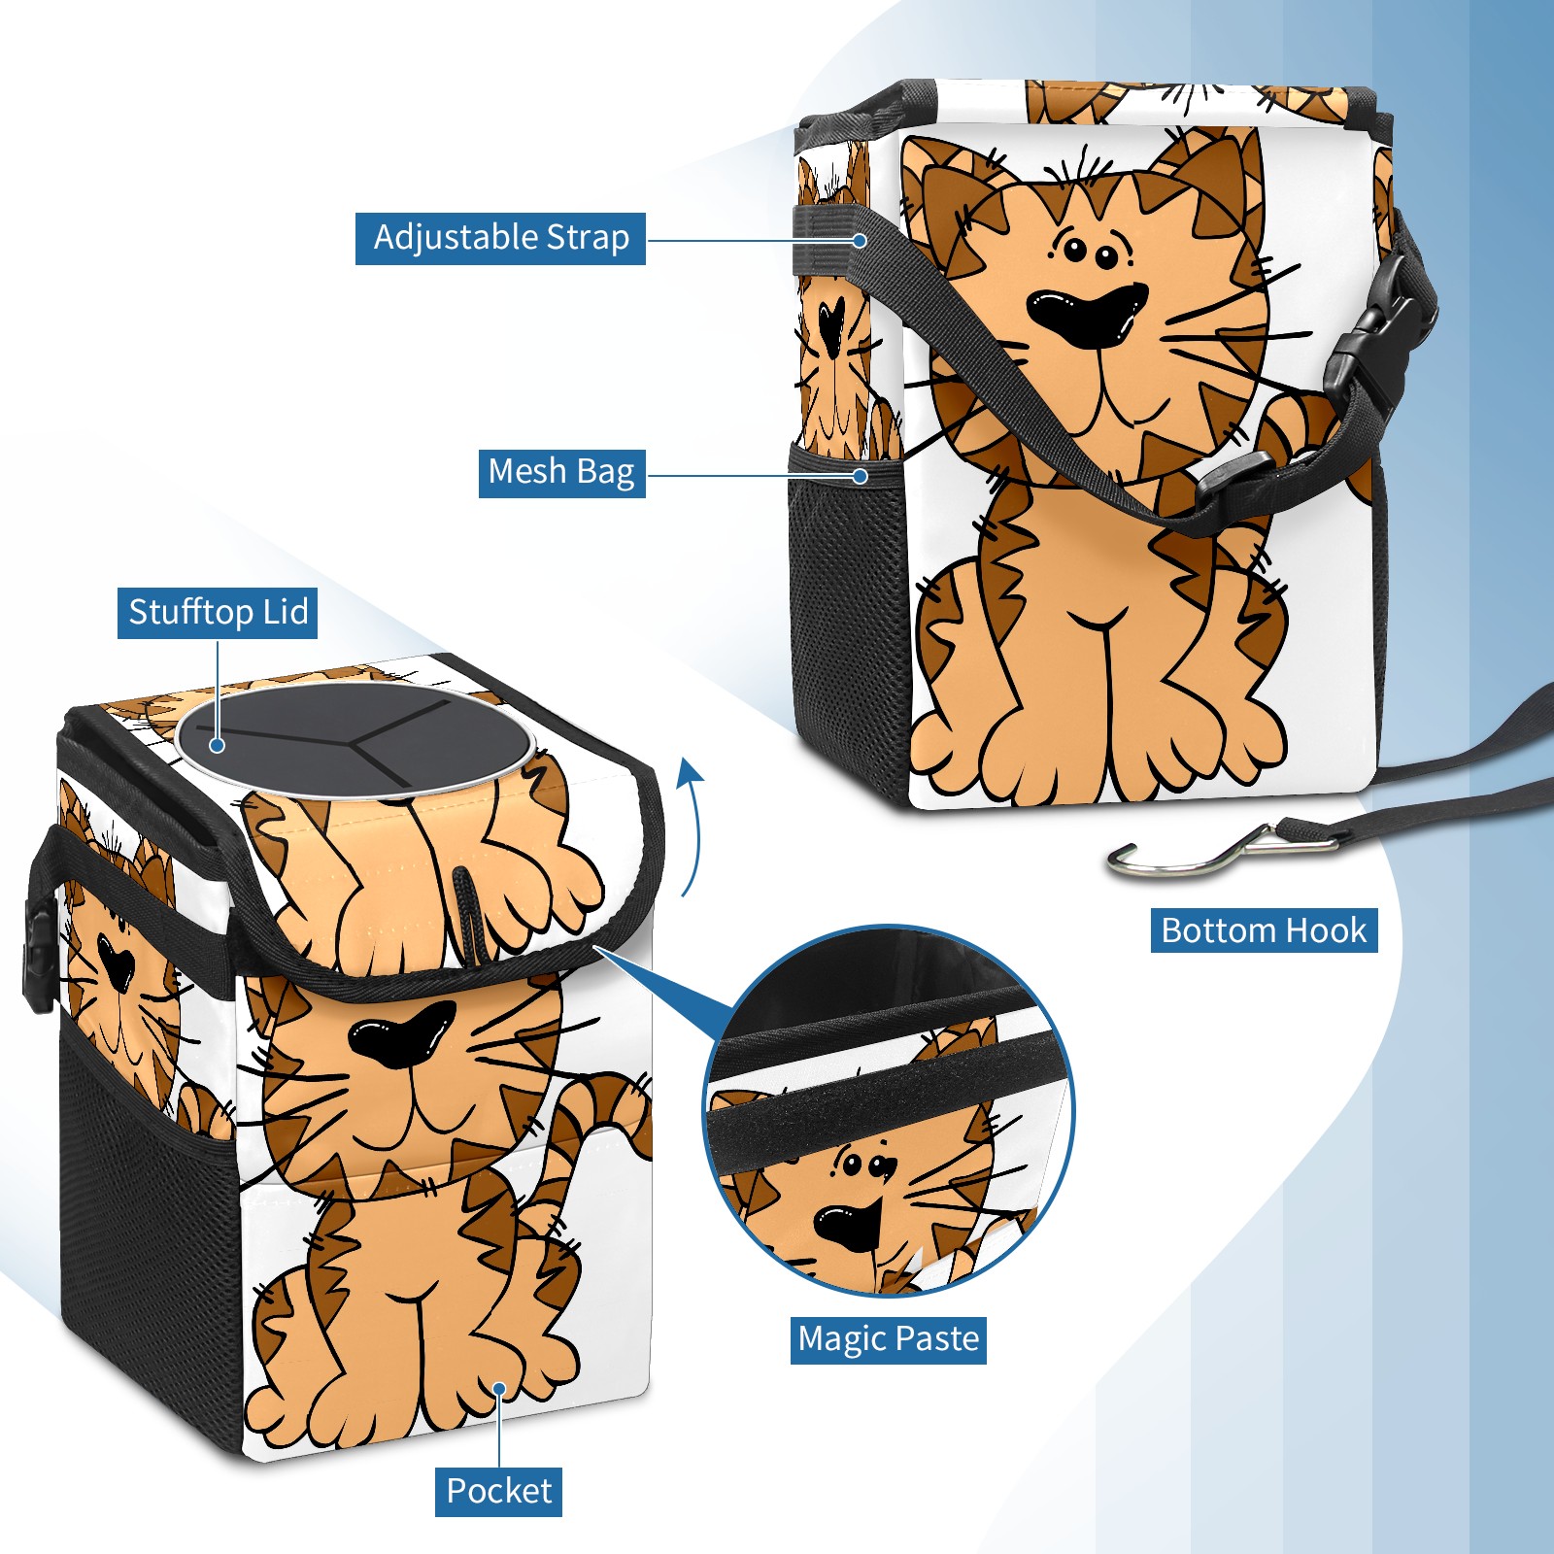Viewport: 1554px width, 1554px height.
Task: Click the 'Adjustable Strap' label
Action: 500,238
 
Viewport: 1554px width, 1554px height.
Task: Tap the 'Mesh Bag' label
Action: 561,472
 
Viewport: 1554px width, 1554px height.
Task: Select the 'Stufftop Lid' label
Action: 218,613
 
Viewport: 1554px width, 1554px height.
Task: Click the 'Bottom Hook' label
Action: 1264,930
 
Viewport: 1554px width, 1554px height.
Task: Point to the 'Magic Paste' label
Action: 889,1339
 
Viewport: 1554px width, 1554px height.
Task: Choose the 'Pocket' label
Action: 498,1491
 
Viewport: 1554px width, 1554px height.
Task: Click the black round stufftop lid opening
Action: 355,740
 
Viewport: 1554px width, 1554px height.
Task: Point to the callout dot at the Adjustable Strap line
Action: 860,240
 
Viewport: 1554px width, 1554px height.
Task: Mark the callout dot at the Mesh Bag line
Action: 860,476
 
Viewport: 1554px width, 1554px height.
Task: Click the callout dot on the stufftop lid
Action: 218,745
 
